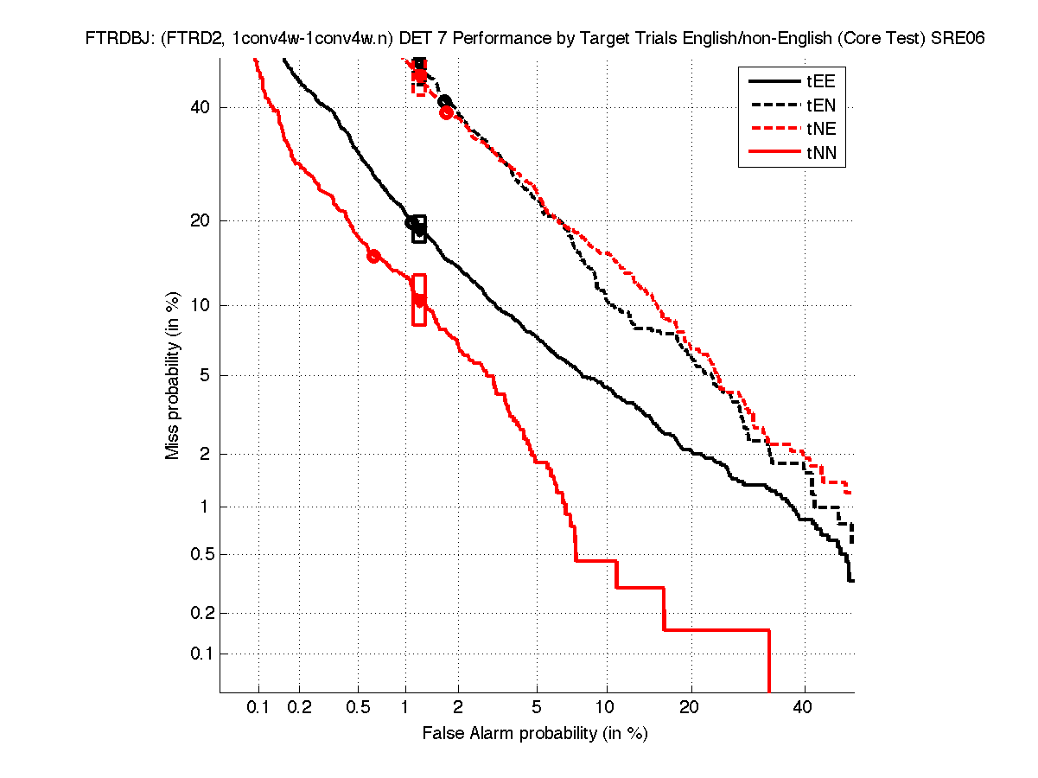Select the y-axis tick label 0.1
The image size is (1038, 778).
point(198,654)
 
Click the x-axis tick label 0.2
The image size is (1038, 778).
point(299,707)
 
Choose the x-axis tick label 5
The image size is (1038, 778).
point(537,707)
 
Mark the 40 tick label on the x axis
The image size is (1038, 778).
point(804,707)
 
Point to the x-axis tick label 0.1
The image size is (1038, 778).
point(258,707)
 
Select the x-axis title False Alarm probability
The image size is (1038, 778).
point(535,734)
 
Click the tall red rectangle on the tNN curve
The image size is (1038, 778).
point(419,300)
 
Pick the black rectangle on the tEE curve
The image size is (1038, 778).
point(419,229)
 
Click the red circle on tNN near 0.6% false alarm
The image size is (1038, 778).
point(373,256)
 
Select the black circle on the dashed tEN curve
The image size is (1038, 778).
point(444,102)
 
